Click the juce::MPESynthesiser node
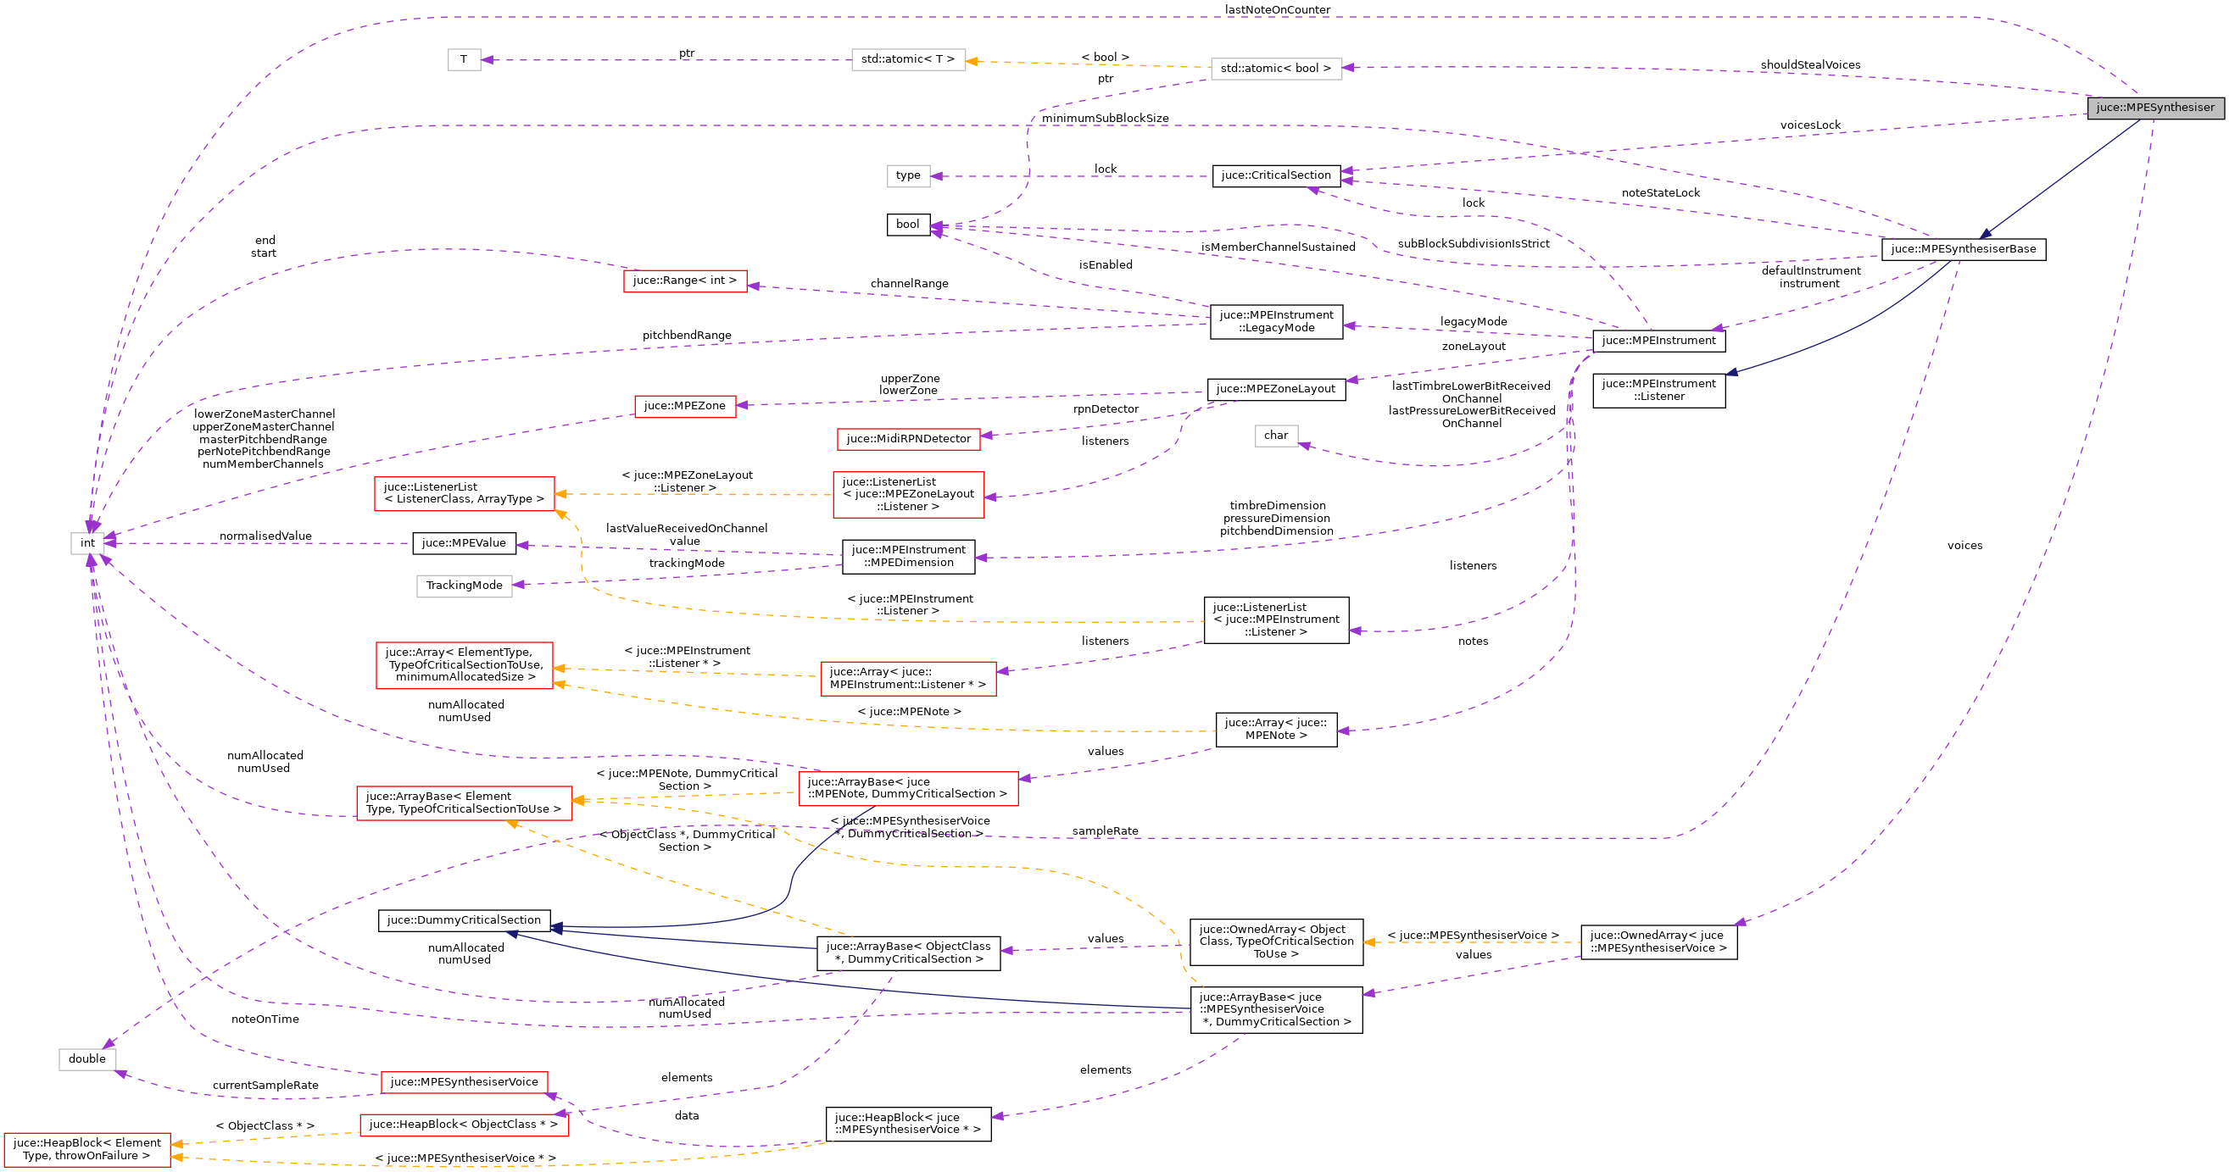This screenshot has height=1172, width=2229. (2154, 108)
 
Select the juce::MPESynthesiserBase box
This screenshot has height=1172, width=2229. (1963, 249)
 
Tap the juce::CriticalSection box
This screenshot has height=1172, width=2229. (1275, 175)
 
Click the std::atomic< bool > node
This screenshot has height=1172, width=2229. (1275, 69)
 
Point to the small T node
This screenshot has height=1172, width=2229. (464, 59)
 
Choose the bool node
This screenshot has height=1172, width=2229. (908, 225)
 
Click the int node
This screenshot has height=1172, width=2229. (87, 543)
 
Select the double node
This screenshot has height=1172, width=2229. (86, 1058)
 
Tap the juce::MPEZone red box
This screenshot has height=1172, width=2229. (684, 406)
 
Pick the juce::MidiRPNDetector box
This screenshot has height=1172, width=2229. (908, 438)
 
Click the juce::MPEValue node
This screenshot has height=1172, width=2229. (464, 543)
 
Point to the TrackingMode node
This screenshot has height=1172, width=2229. (464, 586)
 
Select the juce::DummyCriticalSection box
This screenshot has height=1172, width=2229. (464, 920)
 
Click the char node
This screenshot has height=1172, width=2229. (1275, 435)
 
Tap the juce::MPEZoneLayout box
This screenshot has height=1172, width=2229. (1275, 389)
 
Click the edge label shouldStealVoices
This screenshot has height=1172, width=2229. (1809, 65)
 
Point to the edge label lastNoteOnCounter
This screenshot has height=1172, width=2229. (1277, 9)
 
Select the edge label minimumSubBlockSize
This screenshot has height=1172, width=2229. (1104, 118)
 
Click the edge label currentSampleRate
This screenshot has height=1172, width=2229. (265, 1085)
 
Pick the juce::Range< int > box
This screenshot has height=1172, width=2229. (684, 281)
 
